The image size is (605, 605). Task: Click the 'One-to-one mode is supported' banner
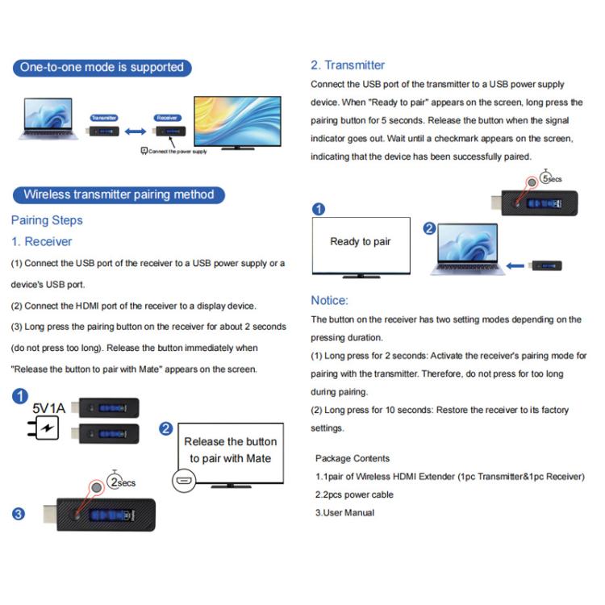(x=102, y=67)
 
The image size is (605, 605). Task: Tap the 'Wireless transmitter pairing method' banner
(x=119, y=194)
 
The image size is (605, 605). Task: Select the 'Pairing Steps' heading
(x=47, y=220)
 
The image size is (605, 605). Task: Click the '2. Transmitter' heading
(x=348, y=65)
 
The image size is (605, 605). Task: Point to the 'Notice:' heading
(x=329, y=300)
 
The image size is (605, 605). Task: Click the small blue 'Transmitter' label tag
(x=104, y=117)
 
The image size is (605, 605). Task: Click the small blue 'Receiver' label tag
(x=167, y=117)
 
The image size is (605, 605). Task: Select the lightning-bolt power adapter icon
(x=48, y=428)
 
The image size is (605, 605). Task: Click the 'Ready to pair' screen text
(x=361, y=241)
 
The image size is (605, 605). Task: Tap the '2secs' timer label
(x=122, y=482)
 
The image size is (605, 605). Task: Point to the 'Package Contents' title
(x=353, y=458)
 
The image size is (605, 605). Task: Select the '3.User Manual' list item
(x=344, y=512)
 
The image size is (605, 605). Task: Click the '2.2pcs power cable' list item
(x=354, y=494)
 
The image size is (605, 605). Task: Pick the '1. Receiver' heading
(x=41, y=241)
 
